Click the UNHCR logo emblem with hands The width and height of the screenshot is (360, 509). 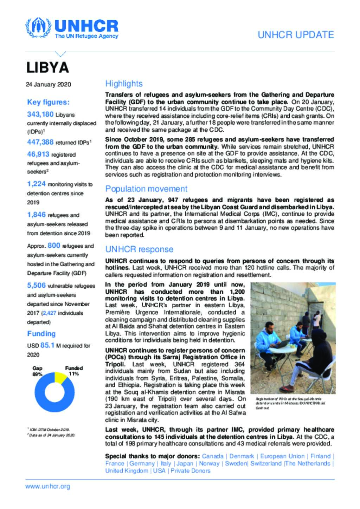click(x=38, y=27)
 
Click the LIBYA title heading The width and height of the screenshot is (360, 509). click(x=47, y=67)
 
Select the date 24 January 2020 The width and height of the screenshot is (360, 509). click(x=48, y=84)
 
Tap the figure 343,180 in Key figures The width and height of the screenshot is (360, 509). click(x=40, y=114)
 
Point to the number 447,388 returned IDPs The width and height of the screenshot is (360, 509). click(x=40, y=142)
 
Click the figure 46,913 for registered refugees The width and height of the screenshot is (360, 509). click(x=38, y=154)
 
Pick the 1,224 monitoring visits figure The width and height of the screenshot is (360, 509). click(x=36, y=184)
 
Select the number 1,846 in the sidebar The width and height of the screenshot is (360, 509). click(x=36, y=215)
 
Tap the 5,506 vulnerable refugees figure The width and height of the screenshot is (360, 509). click(x=36, y=286)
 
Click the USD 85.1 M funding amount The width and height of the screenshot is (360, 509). click(x=47, y=345)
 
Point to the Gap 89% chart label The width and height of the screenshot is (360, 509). click(x=37, y=371)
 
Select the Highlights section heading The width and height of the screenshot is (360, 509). click(x=124, y=84)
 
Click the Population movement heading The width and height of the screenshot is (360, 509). click(x=146, y=189)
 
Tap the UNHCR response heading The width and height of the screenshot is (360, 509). click(x=139, y=249)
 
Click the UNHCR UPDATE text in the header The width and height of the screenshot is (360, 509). click(x=296, y=35)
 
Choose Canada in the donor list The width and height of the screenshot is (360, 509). click(x=213, y=456)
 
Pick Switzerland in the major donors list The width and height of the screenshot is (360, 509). click(x=266, y=463)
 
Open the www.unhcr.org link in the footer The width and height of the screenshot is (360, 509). click(x=47, y=487)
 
